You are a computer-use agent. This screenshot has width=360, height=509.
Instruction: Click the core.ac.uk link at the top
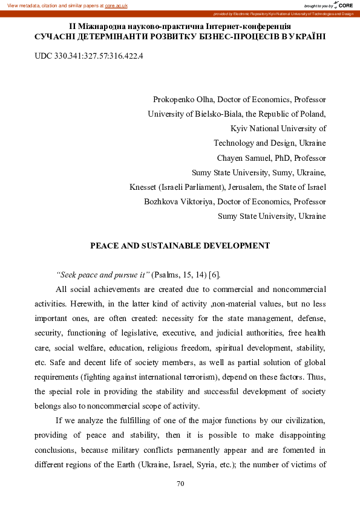pyautogui.click(x=117, y=5)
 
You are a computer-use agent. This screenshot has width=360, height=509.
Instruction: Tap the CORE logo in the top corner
pyautogui.click(x=343, y=5)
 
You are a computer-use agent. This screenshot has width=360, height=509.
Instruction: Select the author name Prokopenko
pyautogui.click(x=174, y=99)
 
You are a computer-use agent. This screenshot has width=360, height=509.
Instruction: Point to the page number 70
pyautogui.click(x=180, y=484)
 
